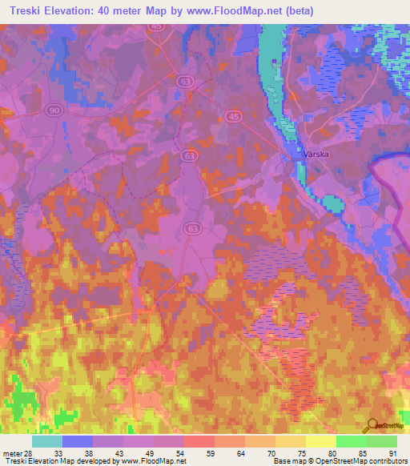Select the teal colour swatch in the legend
coord(47,441)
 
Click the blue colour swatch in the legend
coord(78,441)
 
